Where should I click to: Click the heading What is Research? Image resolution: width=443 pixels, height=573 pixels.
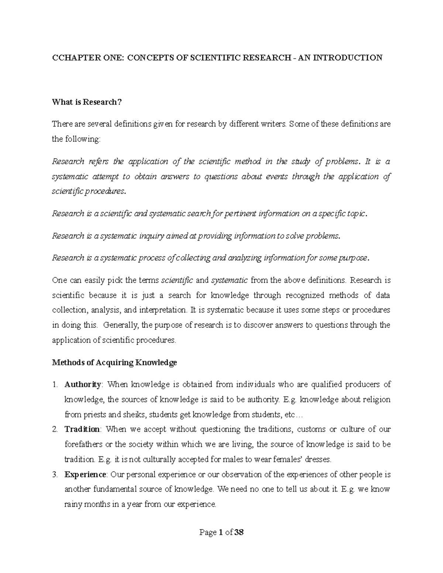pos(87,102)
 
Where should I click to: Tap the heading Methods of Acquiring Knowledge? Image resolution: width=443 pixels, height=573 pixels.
pos(114,363)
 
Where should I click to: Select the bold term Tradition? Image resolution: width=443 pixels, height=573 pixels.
pos(82,429)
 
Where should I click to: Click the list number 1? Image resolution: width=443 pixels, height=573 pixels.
pos(55,385)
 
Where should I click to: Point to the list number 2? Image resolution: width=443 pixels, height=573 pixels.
pos(55,429)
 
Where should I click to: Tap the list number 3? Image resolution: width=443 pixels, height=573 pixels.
pos(55,474)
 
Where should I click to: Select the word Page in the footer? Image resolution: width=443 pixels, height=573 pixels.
pos(207,533)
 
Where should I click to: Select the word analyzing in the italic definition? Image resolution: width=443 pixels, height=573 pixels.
pos(245,258)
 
